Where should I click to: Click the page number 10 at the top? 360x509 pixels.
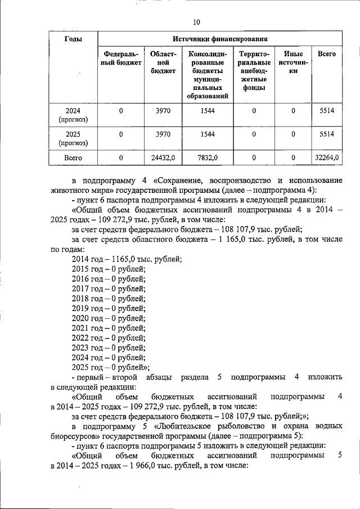(x=196, y=22)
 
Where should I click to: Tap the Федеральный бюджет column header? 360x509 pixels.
(x=121, y=58)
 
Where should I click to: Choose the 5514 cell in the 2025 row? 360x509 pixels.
(x=326, y=134)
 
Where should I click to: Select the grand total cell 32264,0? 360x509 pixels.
(x=326, y=158)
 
